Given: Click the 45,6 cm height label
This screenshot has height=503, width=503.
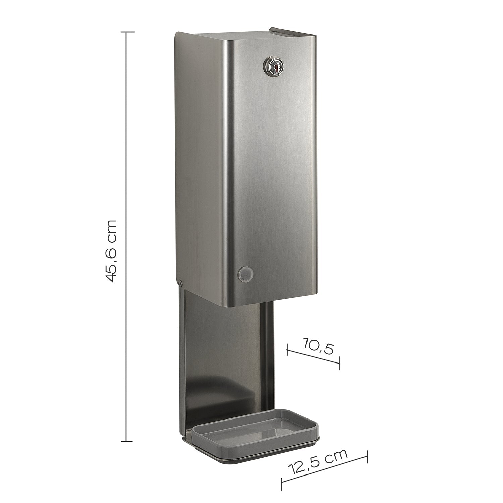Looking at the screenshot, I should (110, 251).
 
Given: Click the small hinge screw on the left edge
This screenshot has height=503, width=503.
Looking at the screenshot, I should (181, 283).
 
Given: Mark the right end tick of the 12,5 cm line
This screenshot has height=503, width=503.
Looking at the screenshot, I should (367, 457).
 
